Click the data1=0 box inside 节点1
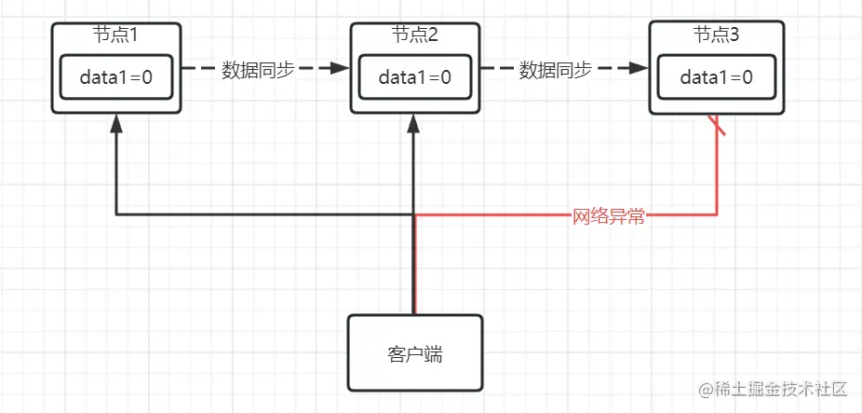(x=115, y=77)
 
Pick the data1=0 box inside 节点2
(x=414, y=77)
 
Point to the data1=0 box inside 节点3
(x=716, y=77)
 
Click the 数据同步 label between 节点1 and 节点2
(x=258, y=70)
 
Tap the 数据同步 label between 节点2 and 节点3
(x=556, y=70)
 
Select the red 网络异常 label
(x=608, y=217)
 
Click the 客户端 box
(x=415, y=351)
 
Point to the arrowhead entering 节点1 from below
(x=115, y=122)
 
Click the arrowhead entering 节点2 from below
(x=414, y=122)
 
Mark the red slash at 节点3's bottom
(x=718, y=125)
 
